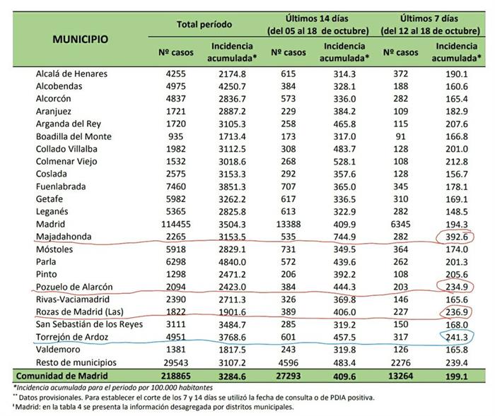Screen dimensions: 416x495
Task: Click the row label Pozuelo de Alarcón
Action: pos(74,287)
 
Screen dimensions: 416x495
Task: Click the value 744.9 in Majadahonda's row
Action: pos(344,237)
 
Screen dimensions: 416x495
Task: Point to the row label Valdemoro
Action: pos(58,350)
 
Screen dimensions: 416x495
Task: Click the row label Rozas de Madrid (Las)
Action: pos(78,312)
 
